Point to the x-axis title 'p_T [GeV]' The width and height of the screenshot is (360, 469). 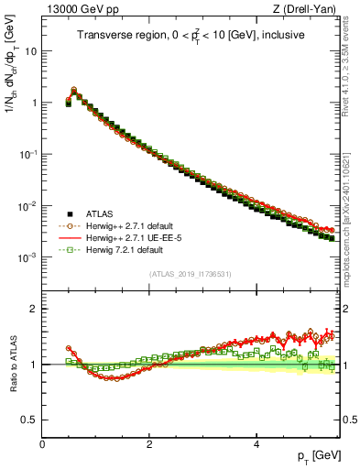[x=320, y=456]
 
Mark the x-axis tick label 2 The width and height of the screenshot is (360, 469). [x=149, y=444]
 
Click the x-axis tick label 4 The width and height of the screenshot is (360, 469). [x=256, y=444]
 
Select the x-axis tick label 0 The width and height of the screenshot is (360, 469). [x=42, y=444]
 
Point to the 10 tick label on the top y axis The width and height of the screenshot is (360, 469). [x=30, y=51]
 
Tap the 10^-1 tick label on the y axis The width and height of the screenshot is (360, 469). [x=27, y=155]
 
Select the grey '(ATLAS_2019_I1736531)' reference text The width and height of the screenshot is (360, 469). [x=190, y=274]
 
